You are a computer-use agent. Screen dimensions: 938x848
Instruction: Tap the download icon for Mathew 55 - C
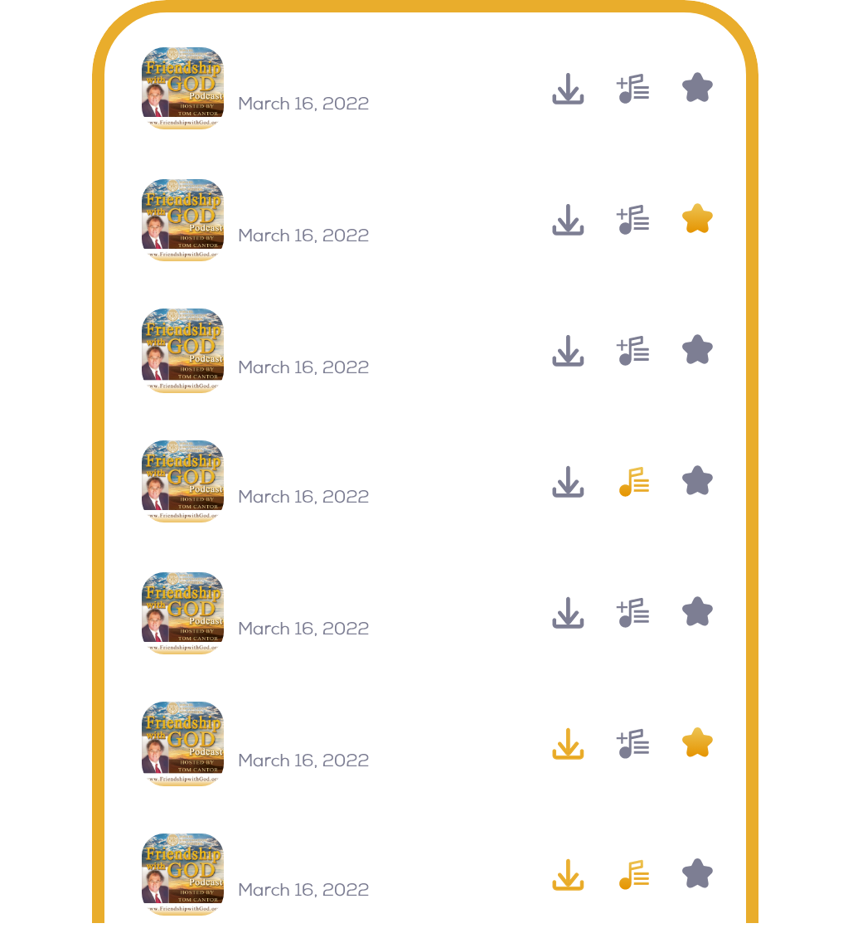click(568, 88)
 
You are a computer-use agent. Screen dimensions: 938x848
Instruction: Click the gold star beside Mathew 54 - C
click(697, 219)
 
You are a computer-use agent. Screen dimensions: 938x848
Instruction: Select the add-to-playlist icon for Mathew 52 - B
click(633, 351)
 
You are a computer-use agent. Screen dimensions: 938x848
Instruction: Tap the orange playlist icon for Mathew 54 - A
click(634, 481)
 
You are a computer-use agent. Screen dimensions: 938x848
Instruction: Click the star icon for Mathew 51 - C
click(697, 612)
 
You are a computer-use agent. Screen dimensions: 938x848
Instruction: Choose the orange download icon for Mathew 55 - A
click(568, 743)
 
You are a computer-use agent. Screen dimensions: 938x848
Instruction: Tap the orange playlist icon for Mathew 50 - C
click(634, 874)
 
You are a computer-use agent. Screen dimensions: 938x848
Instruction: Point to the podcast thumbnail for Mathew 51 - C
click(183, 613)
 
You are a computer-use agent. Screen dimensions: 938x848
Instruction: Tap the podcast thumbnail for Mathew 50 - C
click(183, 874)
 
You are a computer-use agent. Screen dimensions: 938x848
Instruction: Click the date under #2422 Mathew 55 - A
click(303, 761)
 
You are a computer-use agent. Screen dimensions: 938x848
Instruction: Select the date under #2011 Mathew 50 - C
click(303, 890)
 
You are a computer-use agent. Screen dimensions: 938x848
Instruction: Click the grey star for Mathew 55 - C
click(697, 88)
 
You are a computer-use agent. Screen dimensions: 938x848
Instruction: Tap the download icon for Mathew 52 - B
click(568, 351)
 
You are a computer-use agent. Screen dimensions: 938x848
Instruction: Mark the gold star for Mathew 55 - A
click(697, 743)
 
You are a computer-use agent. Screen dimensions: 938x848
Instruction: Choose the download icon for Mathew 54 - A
click(568, 481)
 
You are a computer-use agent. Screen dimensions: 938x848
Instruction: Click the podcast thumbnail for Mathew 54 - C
click(183, 220)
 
